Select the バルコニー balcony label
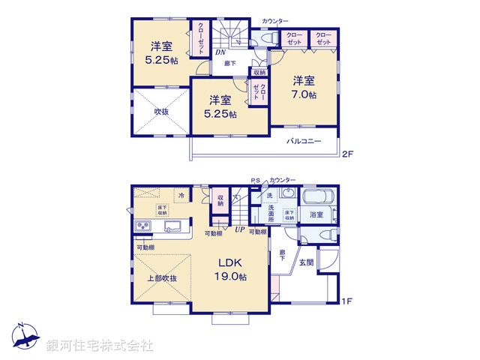point(303,141)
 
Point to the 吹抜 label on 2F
point(161,112)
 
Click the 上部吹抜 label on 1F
point(161,278)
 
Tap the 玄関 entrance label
point(307,262)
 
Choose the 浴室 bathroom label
point(316,214)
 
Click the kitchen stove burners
point(143,227)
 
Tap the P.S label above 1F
point(255,180)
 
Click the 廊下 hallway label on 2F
point(229,64)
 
